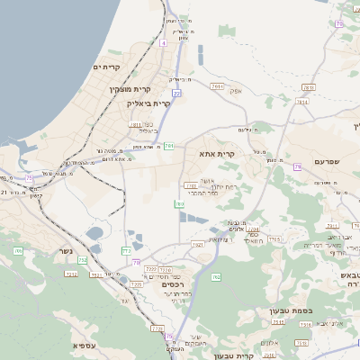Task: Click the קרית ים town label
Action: [x=106, y=67]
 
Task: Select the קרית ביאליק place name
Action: [x=148, y=103]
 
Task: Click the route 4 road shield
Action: [x=163, y=42]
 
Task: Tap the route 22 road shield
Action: [x=176, y=93]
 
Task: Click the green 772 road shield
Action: [x=127, y=251]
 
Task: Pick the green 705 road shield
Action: [x=18, y=251]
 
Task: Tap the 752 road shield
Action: [x=83, y=260]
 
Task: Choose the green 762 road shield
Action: [x=215, y=277]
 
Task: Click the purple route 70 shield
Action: [x=136, y=262]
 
